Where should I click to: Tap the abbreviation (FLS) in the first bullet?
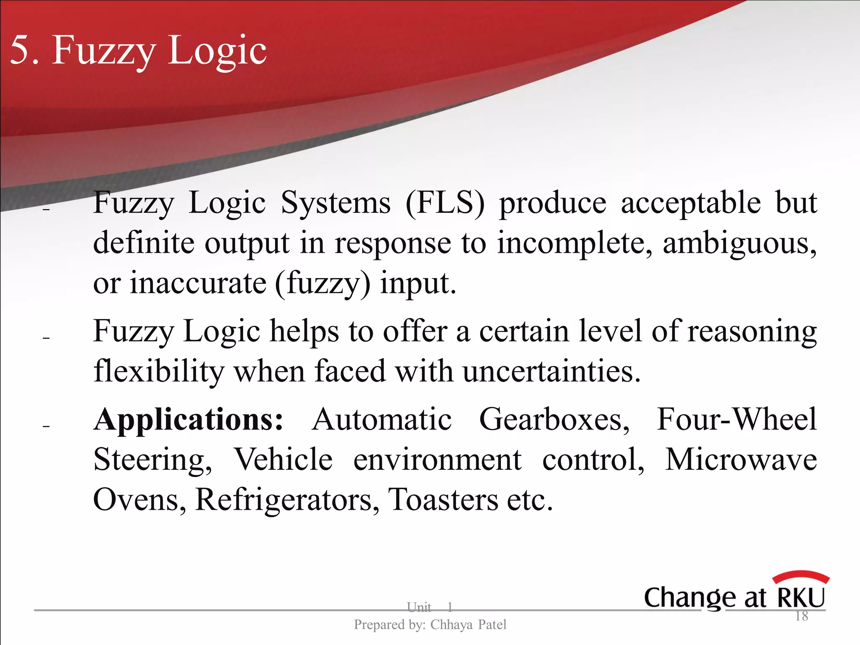pyautogui.click(x=445, y=203)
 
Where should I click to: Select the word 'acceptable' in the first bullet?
pyautogui.click(x=690, y=203)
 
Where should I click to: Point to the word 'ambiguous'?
pyautogui.click(x=739, y=244)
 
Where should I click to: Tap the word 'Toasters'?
pyautogui.click(x=443, y=500)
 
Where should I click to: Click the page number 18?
pyautogui.click(x=802, y=616)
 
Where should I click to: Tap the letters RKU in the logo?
pyautogui.click(x=801, y=597)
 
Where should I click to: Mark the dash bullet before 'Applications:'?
pyautogui.click(x=46, y=427)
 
